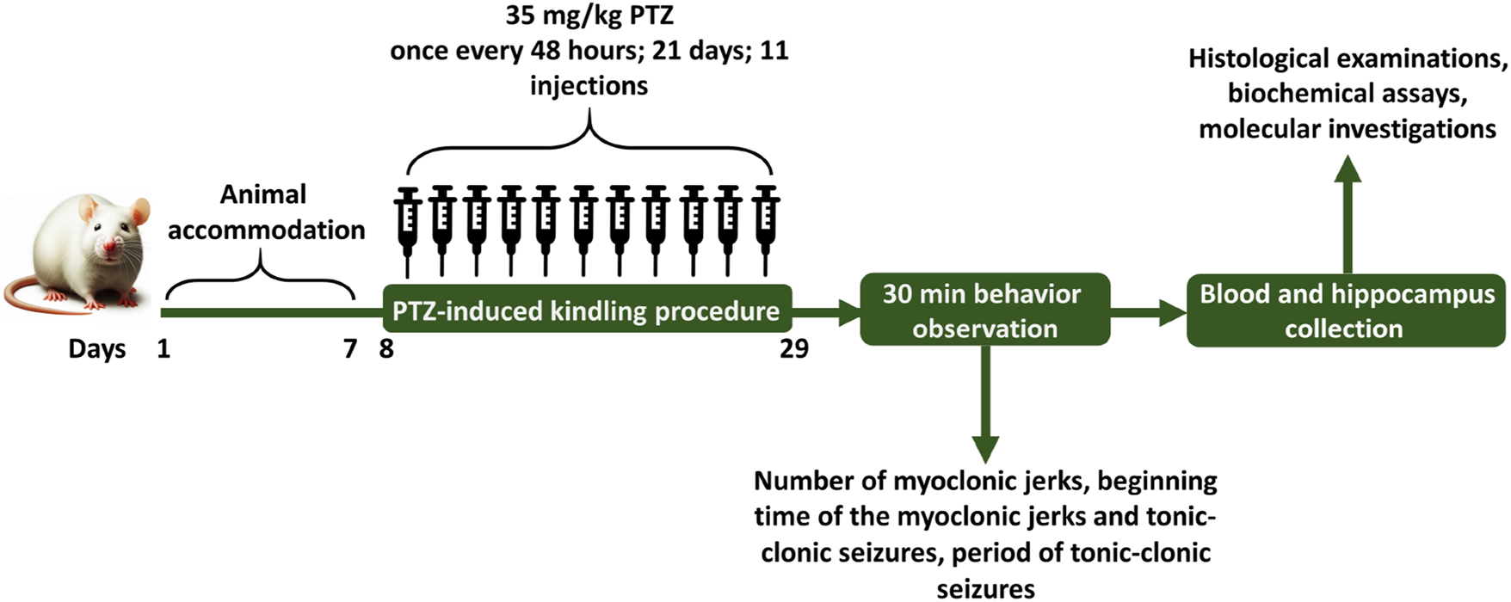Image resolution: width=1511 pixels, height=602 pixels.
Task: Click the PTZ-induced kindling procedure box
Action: point(586,310)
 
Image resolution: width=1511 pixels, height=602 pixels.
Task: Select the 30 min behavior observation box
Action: point(984,310)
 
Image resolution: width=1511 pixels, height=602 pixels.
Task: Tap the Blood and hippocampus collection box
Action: point(1346,310)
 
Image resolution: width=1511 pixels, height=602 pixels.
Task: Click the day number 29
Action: point(793,349)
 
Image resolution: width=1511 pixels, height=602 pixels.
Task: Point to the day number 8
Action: point(386,349)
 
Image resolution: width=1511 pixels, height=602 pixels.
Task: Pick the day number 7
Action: point(349,349)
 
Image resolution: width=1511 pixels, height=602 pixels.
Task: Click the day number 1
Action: point(163,349)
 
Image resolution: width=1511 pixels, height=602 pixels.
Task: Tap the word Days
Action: point(97,349)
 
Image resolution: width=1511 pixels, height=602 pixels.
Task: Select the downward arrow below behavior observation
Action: point(984,404)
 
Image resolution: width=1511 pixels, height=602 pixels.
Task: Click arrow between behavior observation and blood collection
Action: point(1148,311)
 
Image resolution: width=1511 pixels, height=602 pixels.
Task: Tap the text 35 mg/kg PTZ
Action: point(589,15)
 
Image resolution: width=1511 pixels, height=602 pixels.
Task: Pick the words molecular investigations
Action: point(1348,129)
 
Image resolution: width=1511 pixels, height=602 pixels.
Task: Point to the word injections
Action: point(589,86)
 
